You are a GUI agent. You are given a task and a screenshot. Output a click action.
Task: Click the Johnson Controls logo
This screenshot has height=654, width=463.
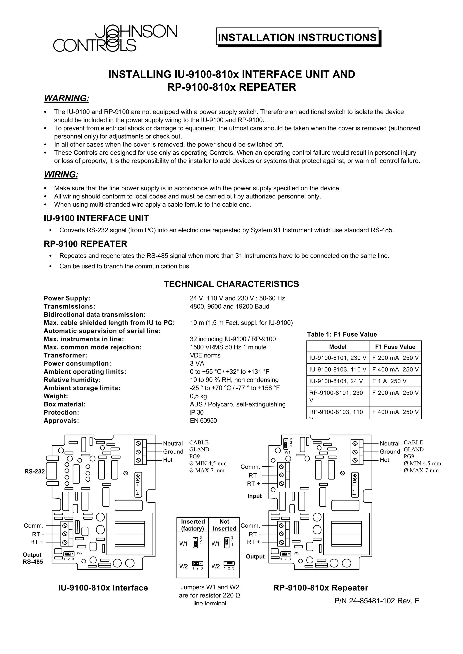pos(115,38)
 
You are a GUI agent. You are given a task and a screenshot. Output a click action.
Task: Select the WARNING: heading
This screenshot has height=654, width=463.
pos(66,98)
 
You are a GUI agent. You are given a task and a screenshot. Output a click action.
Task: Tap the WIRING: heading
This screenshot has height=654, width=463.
pos(61,175)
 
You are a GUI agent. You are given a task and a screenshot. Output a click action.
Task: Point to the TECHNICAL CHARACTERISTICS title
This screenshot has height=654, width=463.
pos(231,284)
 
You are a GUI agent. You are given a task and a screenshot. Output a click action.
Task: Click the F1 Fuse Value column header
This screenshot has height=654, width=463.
pos(395,347)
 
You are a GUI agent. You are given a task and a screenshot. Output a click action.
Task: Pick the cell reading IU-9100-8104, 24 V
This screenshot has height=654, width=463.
pos(338,381)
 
